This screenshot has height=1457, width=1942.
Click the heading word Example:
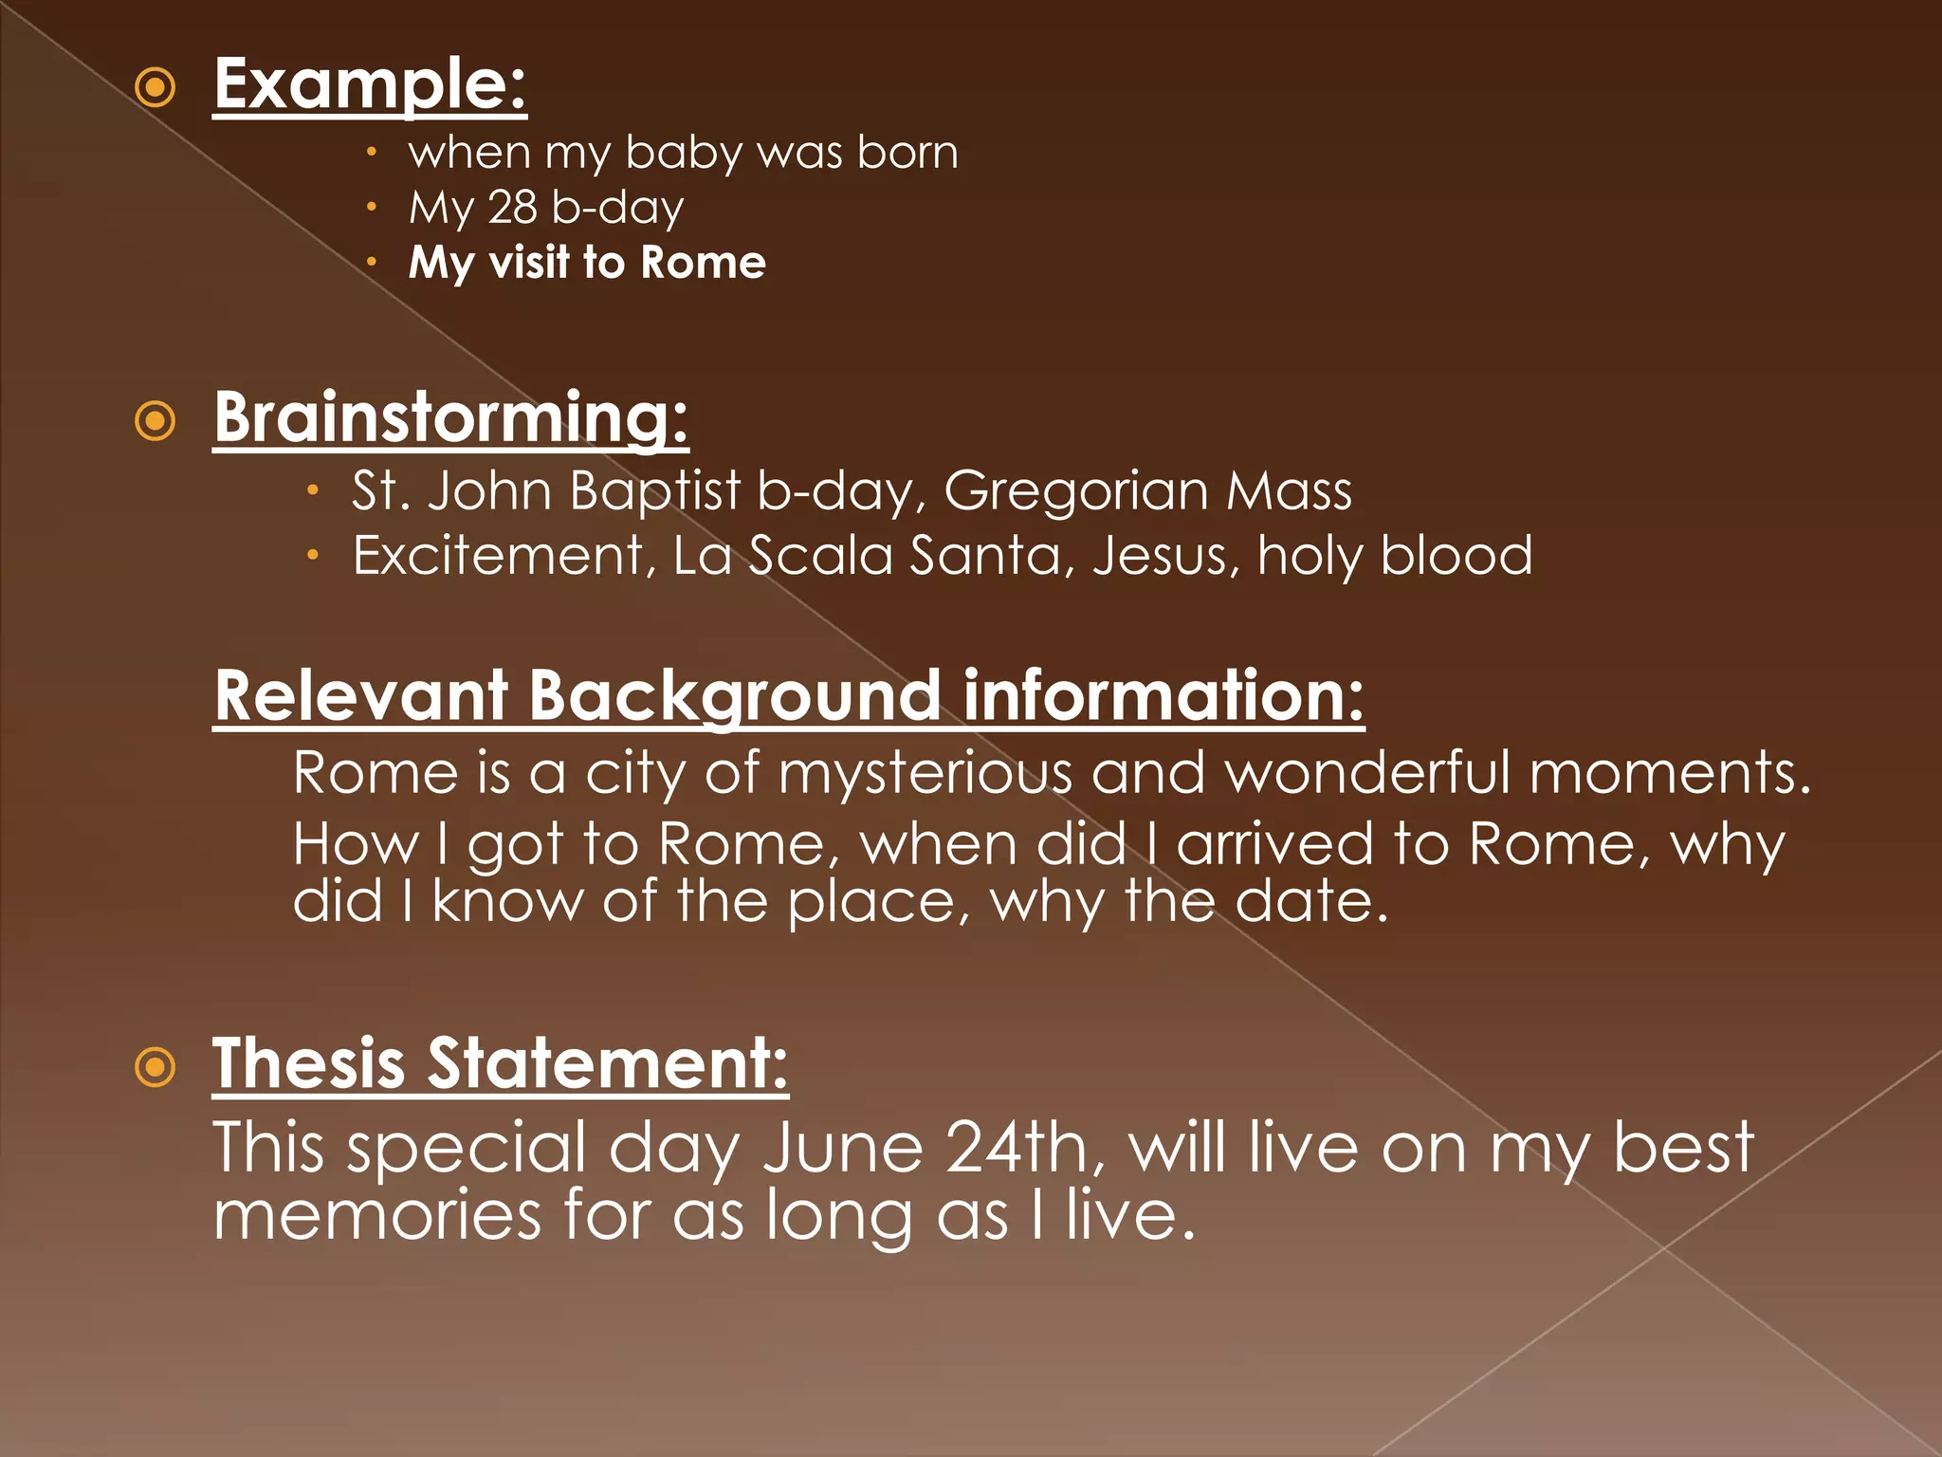pyautogui.click(x=370, y=85)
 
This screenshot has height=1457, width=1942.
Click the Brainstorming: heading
pyautogui.click(x=450, y=417)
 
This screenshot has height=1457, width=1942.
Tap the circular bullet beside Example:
pyautogui.click(x=156, y=88)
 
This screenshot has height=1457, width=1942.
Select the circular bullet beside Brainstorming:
pyautogui.click(x=156, y=421)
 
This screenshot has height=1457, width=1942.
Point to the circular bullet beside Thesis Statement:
pyautogui.click(x=156, y=1067)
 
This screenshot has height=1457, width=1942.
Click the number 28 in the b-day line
pyautogui.click(x=512, y=207)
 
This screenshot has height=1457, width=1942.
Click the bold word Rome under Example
pyautogui.click(x=703, y=263)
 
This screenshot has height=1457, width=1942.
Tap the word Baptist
pyautogui.click(x=655, y=491)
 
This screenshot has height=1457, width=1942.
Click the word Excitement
pyautogui.click(x=498, y=555)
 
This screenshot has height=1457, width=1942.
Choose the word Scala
pyautogui.click(x=821, y=555)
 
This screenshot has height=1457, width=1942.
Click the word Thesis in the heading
pyautogui.click(x=309, y=1064)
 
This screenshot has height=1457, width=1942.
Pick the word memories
pyautogui.click(x=377, y=1215)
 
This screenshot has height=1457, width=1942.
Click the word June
pyautogui.click(x=842, y=1149)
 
